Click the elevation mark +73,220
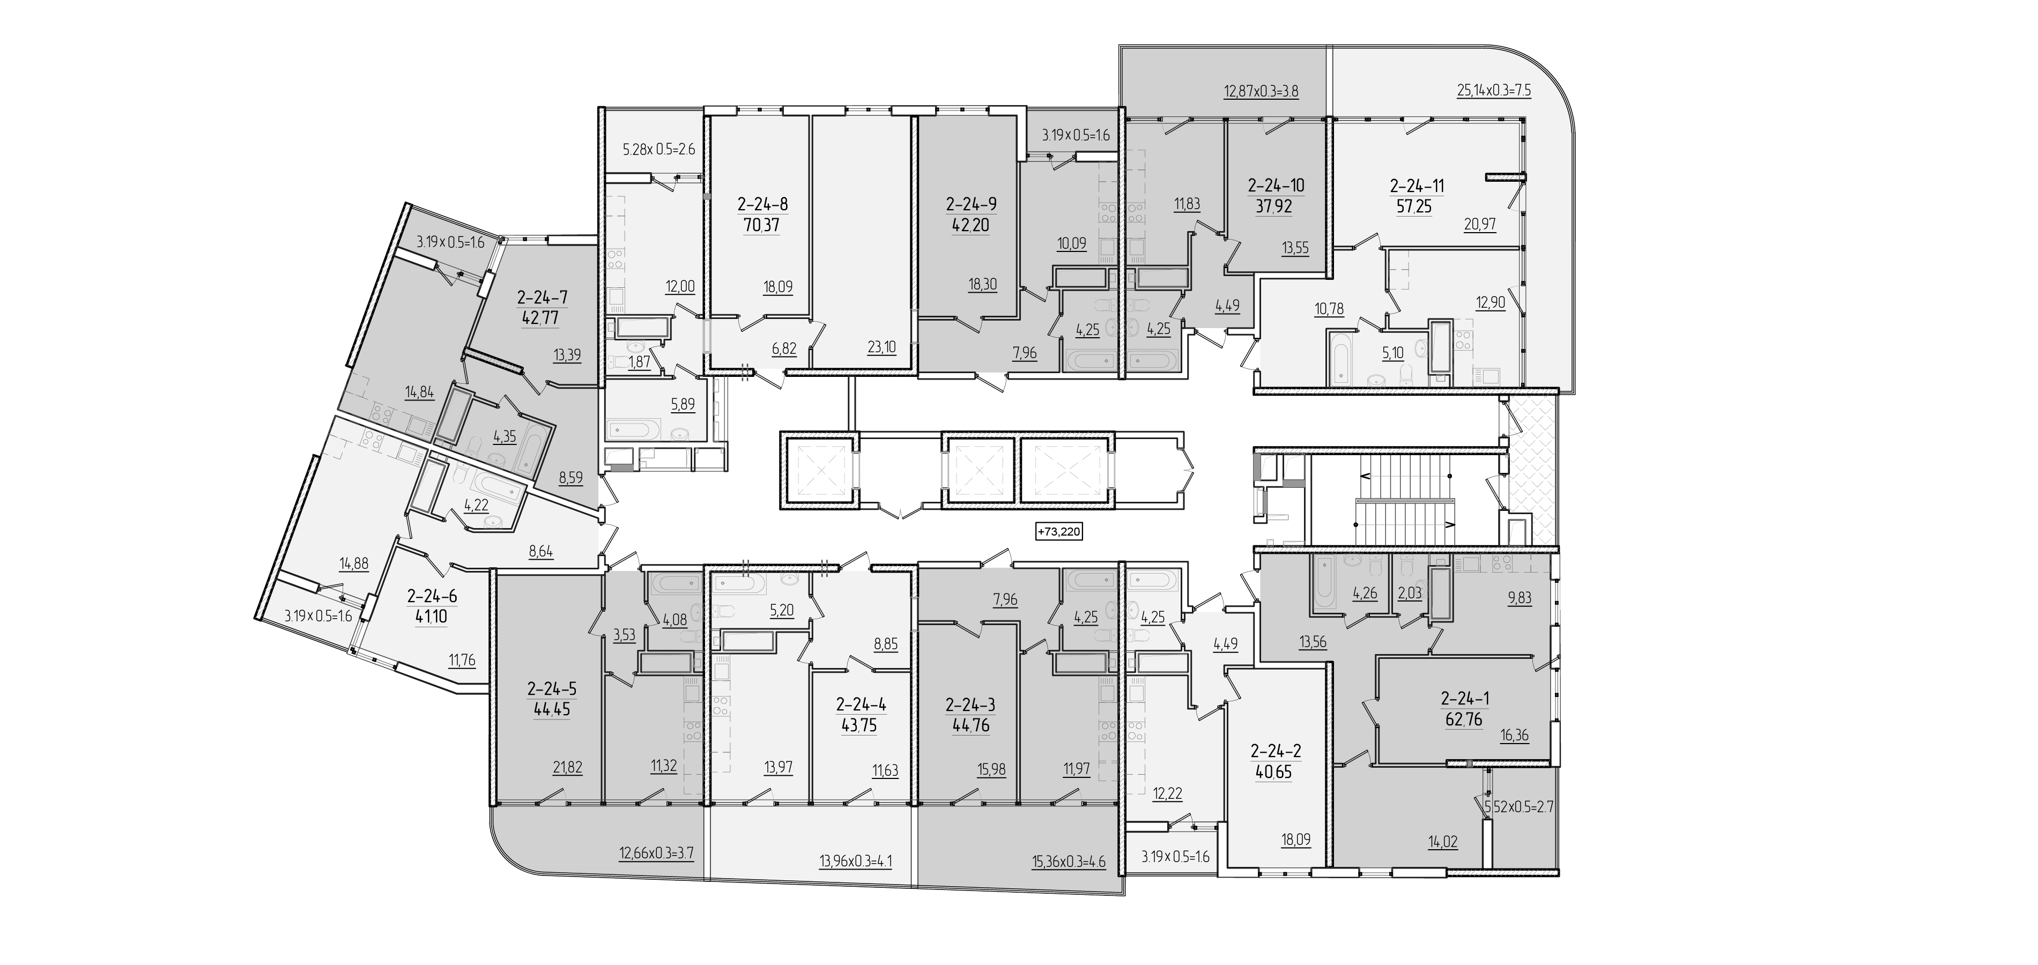1058,531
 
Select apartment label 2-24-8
762,205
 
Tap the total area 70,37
762,225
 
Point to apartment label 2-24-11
1417,187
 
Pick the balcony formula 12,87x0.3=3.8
1261,91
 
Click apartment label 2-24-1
1464,699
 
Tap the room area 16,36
1514,736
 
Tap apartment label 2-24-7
542,298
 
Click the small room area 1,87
639,362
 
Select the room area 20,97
1479,225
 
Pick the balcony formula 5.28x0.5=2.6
658,149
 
